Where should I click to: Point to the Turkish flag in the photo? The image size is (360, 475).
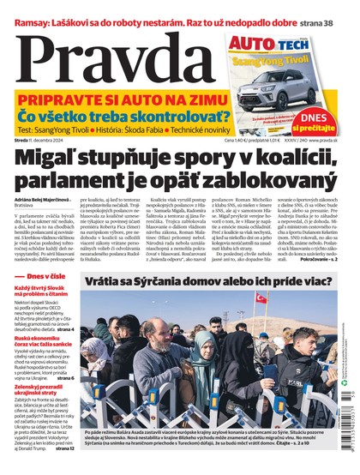[262, 322]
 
